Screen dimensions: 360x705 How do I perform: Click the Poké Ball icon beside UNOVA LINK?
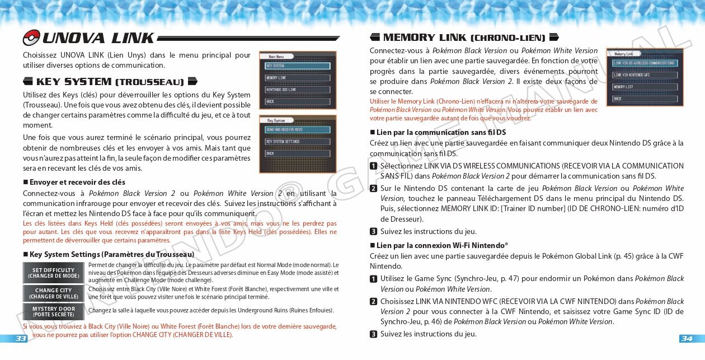31,38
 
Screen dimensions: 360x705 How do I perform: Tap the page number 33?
21,338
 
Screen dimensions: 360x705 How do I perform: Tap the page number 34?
687,338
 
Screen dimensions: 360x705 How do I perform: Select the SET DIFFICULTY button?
54,273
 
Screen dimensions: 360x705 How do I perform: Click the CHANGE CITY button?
54,293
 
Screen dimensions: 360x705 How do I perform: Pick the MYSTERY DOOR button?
54,311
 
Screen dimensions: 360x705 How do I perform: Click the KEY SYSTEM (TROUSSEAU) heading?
110,82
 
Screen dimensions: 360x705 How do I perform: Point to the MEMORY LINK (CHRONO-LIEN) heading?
464,38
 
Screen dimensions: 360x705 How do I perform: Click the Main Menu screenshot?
297,80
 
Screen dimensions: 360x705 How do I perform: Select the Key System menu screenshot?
297,144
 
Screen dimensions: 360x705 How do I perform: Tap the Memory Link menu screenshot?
645,77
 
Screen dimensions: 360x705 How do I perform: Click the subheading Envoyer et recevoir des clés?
77,182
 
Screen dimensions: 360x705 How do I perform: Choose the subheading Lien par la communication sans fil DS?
441,132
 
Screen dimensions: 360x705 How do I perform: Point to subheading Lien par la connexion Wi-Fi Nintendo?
442,245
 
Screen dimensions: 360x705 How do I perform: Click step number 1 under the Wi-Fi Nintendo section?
373,279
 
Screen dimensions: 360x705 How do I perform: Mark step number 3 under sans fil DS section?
373,231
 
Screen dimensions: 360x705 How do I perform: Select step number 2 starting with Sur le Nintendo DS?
373,188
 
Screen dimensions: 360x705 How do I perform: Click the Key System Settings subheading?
112,254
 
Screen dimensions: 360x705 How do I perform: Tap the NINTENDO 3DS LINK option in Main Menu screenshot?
297,90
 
